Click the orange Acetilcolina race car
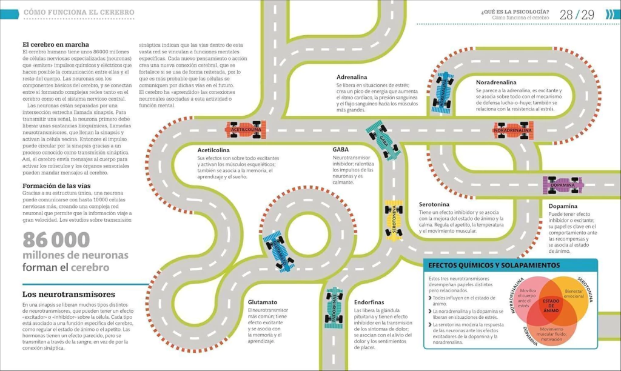[x=246, y=130]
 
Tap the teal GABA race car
[x=383, y=141]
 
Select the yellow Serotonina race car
[x=394, y=220]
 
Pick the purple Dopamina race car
[x=563, y=185]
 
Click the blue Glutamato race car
[x=279, y=252]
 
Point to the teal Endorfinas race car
[x=334, y=307]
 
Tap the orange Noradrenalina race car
[x=513, y=130]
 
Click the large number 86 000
[x=56, y=239]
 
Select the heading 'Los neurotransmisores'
[x=69, y=294]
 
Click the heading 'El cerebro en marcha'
[x=56, y=45]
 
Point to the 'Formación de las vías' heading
[x=56, y=185]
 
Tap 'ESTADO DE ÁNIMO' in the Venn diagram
[x=551, y=306]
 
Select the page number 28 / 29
[x=577, y=15]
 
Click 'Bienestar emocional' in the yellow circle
[x=574, y=293]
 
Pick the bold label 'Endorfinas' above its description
[x=369, y=302]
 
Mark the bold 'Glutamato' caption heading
[x=263, y=302]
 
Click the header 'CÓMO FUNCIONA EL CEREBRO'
[x=79, y=12]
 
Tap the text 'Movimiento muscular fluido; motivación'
[x=551, y=334]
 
